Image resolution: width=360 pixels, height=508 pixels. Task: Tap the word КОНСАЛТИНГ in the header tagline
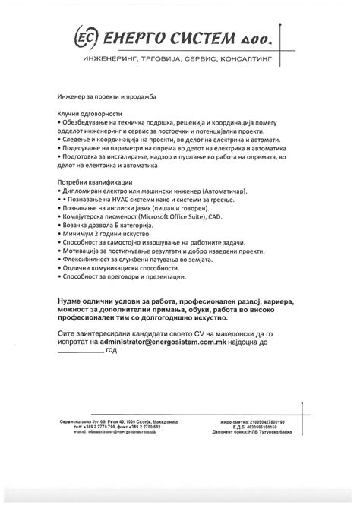[x=248, y=58]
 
